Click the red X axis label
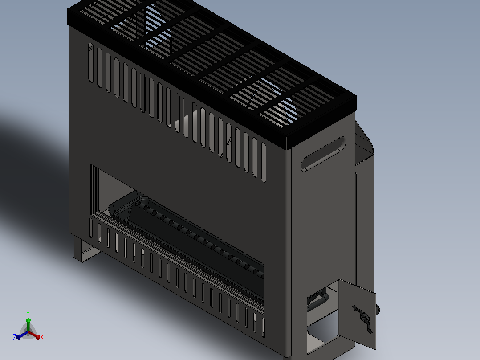(42, 337)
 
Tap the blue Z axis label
(15, 337)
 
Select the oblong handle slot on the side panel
(324, 154)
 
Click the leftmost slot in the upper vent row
(91, 62)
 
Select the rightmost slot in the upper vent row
(264, 162)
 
